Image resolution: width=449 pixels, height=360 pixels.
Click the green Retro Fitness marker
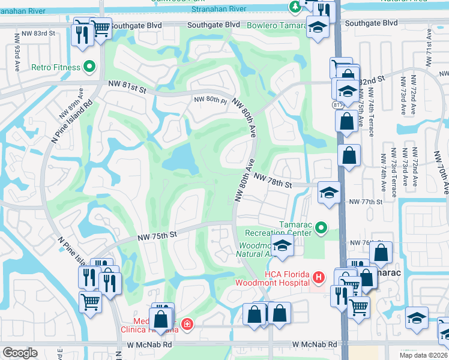90,67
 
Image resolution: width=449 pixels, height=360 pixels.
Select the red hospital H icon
318,278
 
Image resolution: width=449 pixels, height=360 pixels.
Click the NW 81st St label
127,89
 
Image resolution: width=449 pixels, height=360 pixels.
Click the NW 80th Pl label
209,100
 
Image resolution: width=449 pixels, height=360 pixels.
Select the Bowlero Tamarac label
276,26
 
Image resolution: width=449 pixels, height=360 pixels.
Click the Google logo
20,353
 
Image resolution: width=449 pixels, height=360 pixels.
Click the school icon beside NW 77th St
328,193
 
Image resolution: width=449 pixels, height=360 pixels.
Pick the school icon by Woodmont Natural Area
282,245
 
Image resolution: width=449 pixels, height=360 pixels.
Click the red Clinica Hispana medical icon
187,324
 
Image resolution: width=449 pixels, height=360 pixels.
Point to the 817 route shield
337,105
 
